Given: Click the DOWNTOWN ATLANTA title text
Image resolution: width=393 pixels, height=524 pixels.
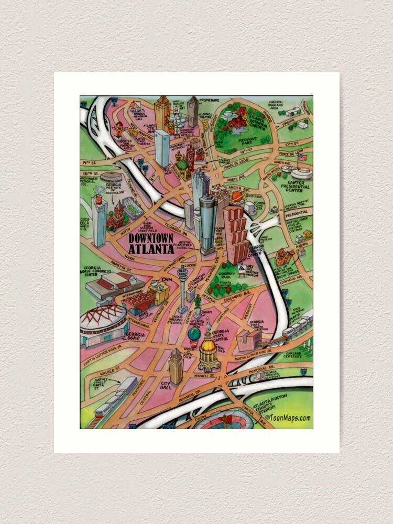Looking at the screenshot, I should [151, 244].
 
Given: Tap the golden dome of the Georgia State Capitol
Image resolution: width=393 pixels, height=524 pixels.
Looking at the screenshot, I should [209, 346].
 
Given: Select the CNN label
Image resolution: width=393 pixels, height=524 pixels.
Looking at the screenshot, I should [167, 281].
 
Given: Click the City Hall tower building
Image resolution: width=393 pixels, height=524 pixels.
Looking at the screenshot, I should [175, 367].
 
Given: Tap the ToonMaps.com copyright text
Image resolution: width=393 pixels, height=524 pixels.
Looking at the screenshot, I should [288, 418].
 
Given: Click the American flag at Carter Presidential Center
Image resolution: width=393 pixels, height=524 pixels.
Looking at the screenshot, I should [300, 156].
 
